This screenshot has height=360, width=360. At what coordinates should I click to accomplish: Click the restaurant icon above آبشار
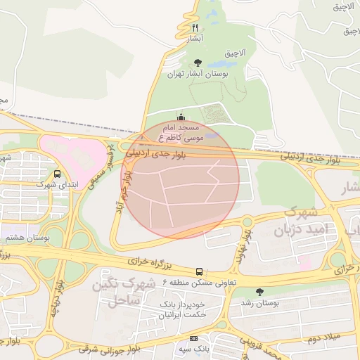pos(195,27)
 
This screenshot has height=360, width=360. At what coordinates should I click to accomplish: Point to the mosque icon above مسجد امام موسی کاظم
pos(181,117)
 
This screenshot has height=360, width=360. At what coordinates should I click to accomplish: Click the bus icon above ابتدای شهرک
pos(57,174)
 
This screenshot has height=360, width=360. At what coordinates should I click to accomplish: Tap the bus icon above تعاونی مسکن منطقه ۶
pos(200,271)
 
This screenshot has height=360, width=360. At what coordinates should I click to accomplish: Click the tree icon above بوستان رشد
pos(260,292)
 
